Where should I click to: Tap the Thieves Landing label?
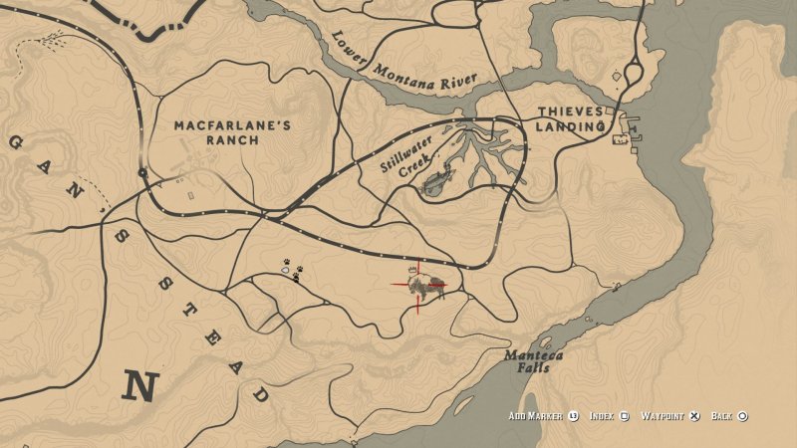[571, 118]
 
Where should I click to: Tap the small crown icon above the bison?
[412, 271]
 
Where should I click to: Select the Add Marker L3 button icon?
[573, 416]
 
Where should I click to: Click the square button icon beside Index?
[625, 416]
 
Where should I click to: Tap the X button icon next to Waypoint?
[695, 416]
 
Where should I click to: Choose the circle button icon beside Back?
[743, 416]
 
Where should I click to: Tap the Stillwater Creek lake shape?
[436, 182]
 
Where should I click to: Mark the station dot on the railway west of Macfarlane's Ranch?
[143, 173]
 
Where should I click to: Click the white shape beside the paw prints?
[286, 267]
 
